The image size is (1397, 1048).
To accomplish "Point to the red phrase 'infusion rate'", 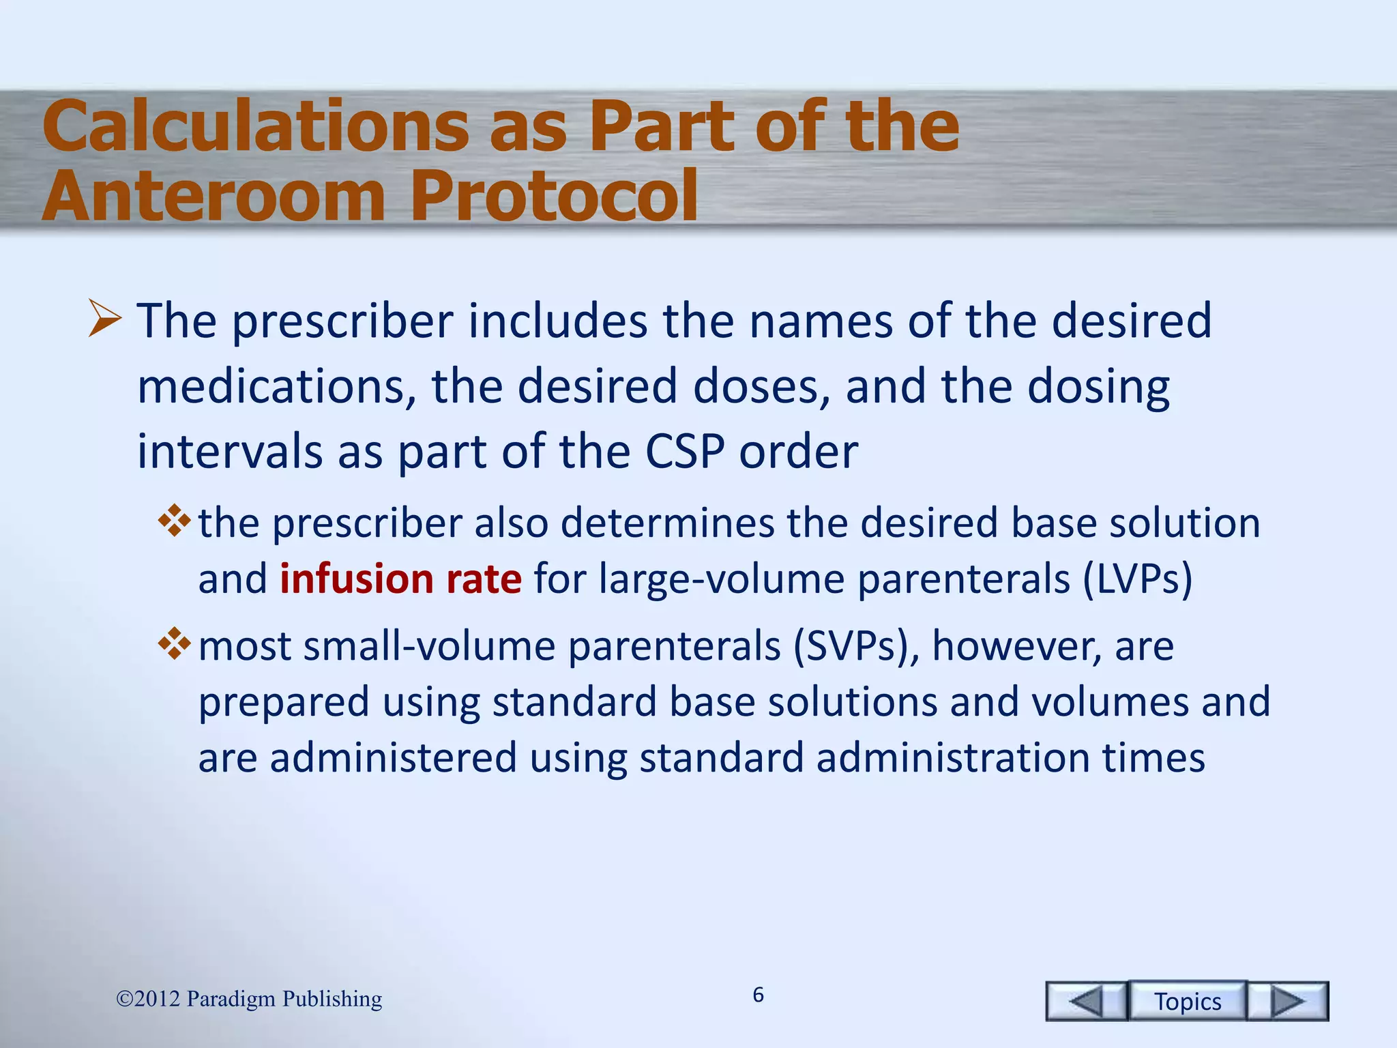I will [400, 579].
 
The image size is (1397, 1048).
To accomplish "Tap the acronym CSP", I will [684, 452].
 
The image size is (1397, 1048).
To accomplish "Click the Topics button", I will [1187, 1001].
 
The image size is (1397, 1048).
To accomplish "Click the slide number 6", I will [758, 995].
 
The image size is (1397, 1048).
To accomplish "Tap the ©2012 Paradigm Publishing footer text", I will [249, 999].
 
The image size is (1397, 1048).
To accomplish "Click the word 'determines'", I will [667, 523].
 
